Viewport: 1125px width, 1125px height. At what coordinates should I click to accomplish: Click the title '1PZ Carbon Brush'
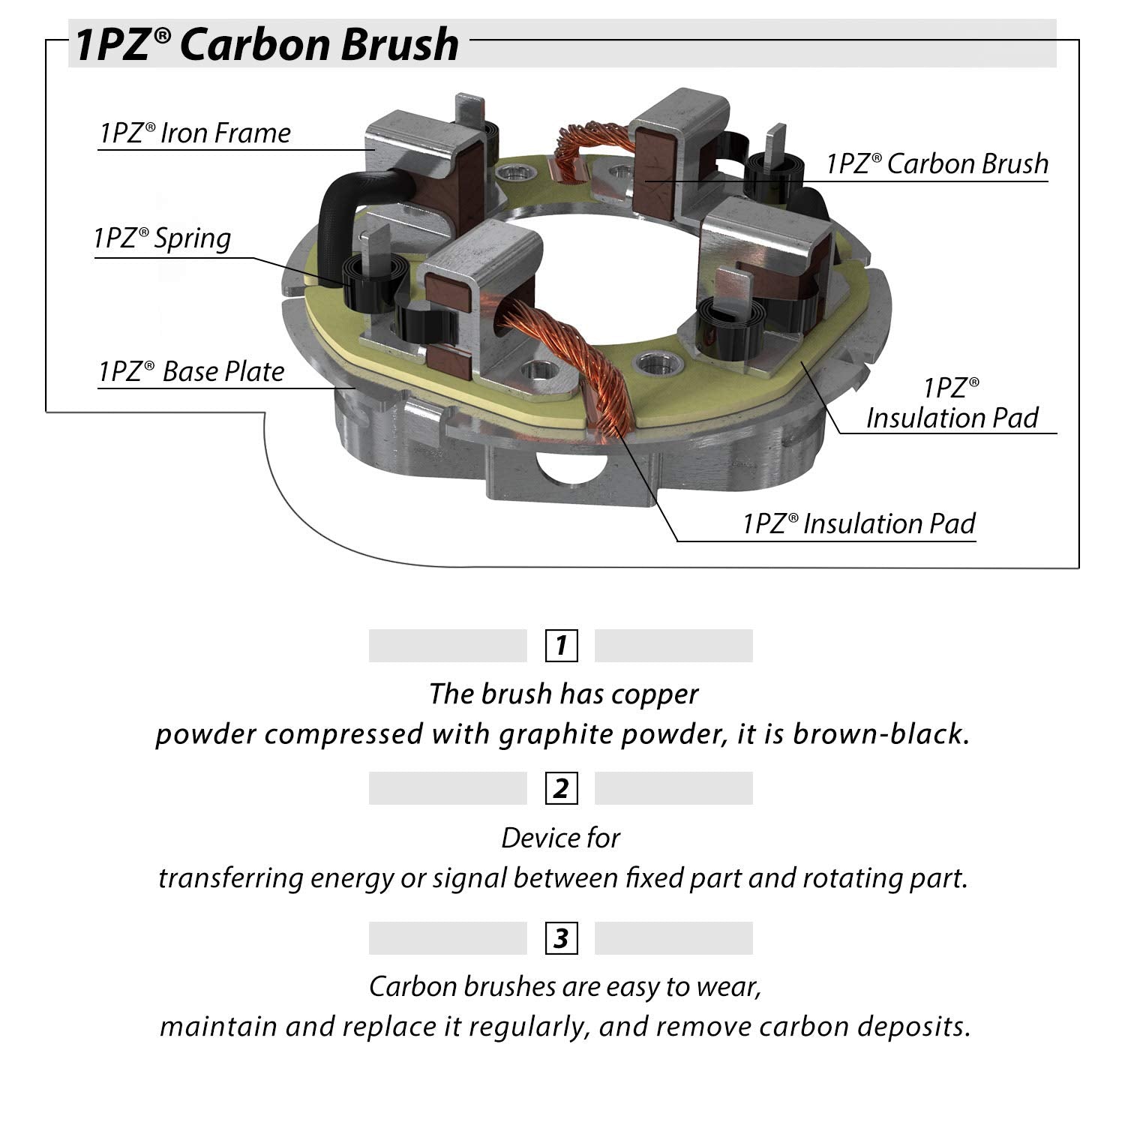tap(266, 43)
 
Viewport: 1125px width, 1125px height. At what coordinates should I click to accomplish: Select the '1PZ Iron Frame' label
tap(195, 133)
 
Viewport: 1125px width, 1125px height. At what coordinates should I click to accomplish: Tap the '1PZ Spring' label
tap(163, 238)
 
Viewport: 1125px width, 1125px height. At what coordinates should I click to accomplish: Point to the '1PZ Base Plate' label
tap(192, 372)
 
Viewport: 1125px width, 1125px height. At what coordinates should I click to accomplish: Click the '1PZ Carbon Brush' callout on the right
tap(937, 164)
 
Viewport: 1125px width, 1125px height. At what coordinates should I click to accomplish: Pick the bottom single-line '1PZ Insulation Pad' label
tap(859, 523)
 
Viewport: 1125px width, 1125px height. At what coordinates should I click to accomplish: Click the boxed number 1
tap(561, 646)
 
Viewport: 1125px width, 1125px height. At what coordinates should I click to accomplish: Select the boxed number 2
tap(561, 788)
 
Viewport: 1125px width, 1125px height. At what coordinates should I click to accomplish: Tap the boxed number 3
tap(561, 938)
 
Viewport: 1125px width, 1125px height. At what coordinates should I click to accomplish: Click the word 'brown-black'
tap(880, 733)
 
